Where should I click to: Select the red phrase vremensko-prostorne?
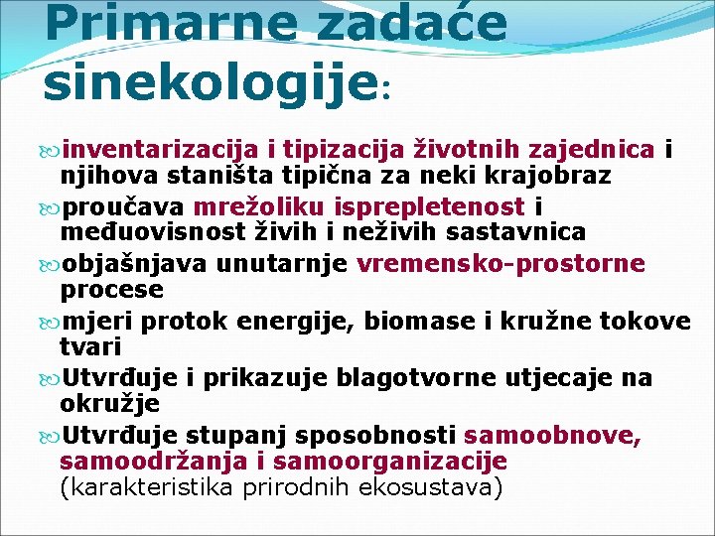tap(500, 264)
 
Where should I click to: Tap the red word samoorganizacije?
tap(389, 462)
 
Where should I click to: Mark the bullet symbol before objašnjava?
tap(53, 265)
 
